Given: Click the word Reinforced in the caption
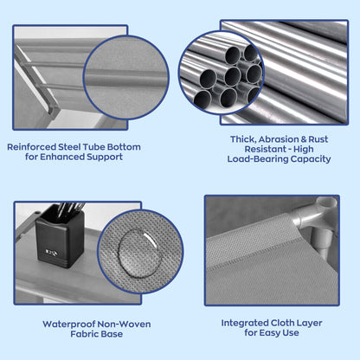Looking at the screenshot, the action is pyautogui.click(x=32, y=147).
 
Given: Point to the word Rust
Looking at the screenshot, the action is pyautogui.click(x=318, y=139).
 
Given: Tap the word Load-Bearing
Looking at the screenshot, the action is pyautogui.click(x=258, y=159).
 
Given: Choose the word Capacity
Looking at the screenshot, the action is pyautogui.click(x=311, y=159).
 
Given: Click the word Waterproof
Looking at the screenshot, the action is pyautogui.click(x=68, y=325).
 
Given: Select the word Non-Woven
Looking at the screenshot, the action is pyautogui.click(x=124, y=325).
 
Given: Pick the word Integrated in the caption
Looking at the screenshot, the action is pyautogui.click(x=245, y=323).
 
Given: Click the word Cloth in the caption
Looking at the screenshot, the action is pyautogui.click(x=280, y=323).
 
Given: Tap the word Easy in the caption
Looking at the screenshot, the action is pyautogui.click(x=270, y=333).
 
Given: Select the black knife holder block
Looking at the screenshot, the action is pyautogui.click(x=60, y=238).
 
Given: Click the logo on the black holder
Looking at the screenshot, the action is pyautogui.click(x=52, y=253).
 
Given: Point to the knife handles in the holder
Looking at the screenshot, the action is pyautogui.click(x=70, y=209).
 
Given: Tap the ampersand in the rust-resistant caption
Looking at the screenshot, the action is pyautogui.click(x=304, y=139).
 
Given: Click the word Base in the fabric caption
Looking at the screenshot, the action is pyautogui.click(x=113, y=334).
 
